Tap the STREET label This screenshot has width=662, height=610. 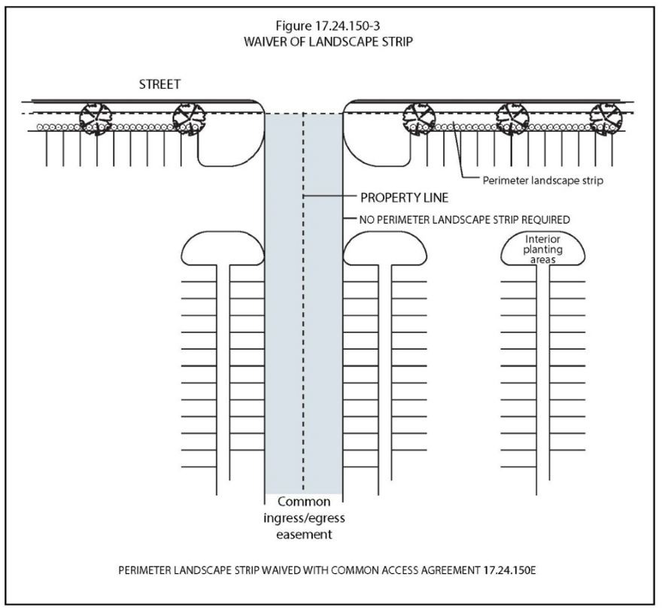(x=159, y=84)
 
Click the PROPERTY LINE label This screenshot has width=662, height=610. (x=404, y=198)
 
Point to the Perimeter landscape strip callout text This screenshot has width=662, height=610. (x=543, y=181)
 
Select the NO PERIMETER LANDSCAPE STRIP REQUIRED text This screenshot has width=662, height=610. (x=464, y=220)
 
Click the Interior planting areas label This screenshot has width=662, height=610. (x=542, y=250)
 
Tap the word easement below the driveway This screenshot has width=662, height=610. (x=304, y=535)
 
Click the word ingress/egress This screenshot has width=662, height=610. (x=304, y=518)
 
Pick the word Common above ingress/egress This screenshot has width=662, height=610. (x=304, y=502)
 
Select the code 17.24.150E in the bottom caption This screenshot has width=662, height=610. (x=509, y=571)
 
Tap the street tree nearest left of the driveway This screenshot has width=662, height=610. (x=189, y=119)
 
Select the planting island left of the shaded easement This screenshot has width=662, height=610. (x=223, y=248)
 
